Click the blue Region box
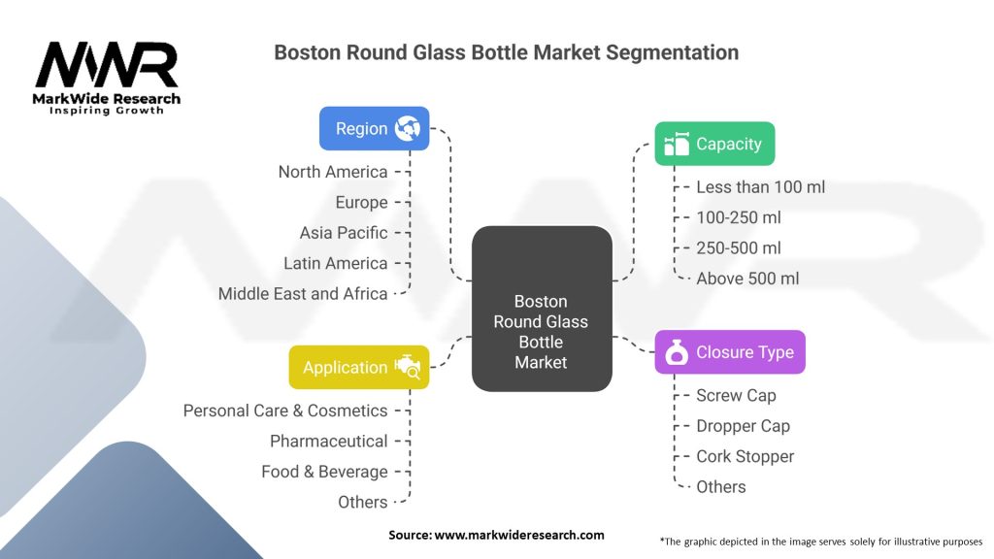[x=374, y=129]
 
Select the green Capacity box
[x=714, y=144]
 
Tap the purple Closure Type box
[x=730, y=351]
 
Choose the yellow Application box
[x=359, y=367]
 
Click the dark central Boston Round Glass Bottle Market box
[x=542, y=309]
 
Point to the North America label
[x=333, y=172]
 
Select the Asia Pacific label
[x=344, y=233]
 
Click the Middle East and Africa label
[x=303, y=293]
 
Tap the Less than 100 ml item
[x=761, y=187]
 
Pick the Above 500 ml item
[x=747, y=279]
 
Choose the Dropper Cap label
[x=743, y=426]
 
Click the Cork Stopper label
[x=745, y=456]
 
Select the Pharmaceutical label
[x=328, y=442]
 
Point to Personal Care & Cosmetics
[x=285, y=411]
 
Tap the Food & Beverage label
[x=324, y=472]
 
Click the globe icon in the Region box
[x=407, y=129]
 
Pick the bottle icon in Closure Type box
[x=677, y=352]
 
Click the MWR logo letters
[x=107, y=65]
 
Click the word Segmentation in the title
[x=672, y=52]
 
